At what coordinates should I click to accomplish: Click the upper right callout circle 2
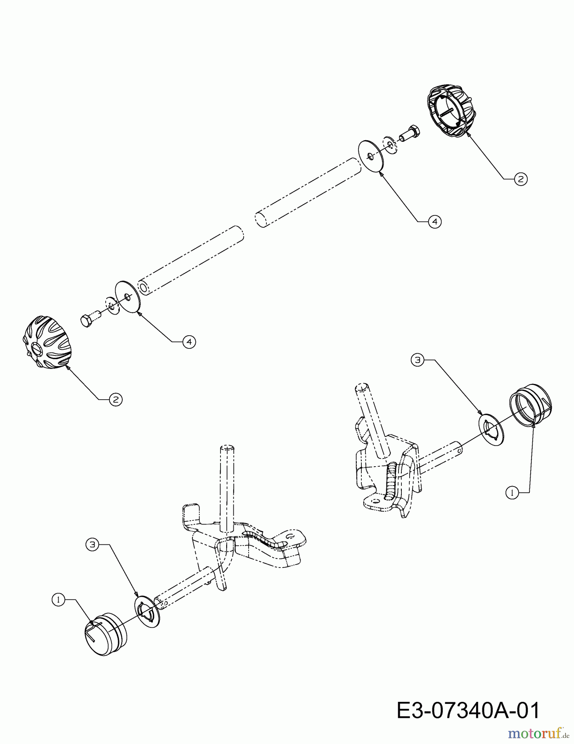521,179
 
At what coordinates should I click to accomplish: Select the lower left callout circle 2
116,399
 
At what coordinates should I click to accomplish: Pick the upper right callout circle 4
434,222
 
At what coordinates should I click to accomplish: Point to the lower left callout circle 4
189,342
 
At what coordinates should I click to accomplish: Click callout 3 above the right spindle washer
417,360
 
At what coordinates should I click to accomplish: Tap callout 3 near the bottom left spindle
92,544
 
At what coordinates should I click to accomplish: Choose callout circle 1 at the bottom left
59,599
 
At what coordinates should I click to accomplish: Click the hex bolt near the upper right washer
410,133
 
